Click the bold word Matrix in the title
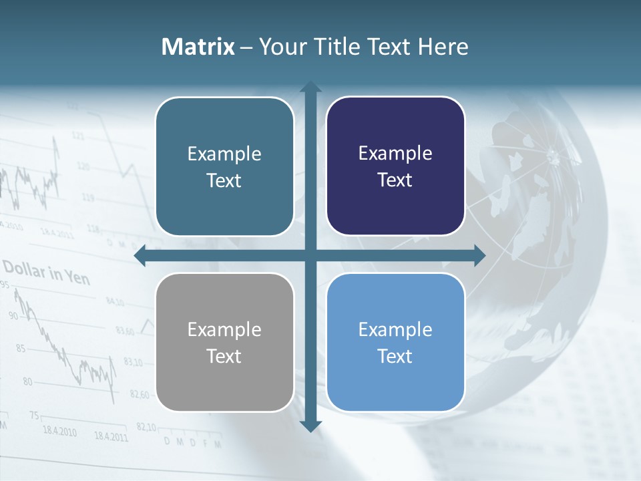point(198,47)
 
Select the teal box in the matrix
point(224,166)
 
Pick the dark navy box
point(395,166)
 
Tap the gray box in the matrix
point(224,342)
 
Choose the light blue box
point(395,342)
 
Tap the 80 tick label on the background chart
point(27,382)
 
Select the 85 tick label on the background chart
point(20,348)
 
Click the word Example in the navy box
point(395,154)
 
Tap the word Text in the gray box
point(224,356)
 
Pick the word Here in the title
point(443,47)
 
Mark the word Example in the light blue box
point(395,329)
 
